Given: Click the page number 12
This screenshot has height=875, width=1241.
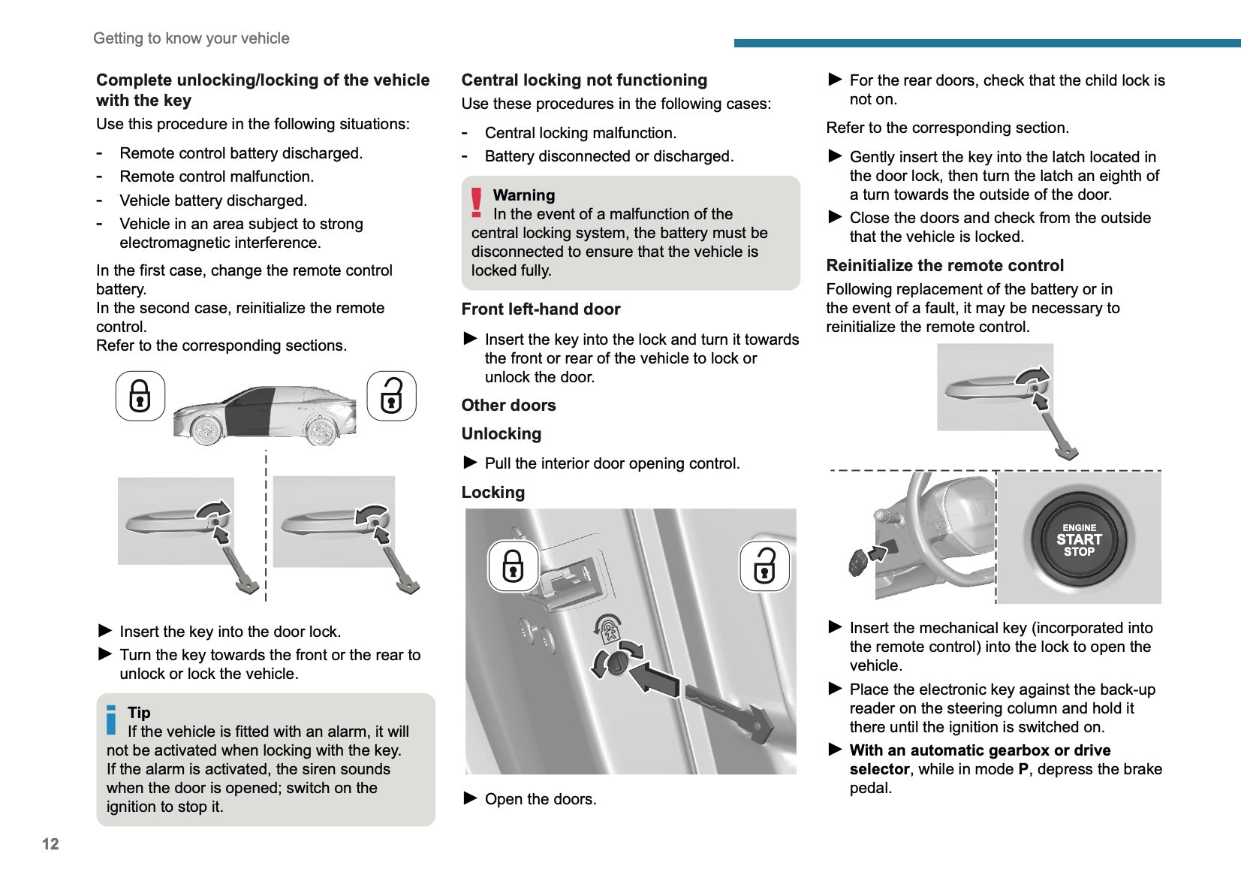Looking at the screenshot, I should (50, 843).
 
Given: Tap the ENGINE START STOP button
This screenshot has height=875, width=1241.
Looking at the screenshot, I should (1079, 539).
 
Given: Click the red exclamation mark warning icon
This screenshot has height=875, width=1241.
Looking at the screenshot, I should (476, 203).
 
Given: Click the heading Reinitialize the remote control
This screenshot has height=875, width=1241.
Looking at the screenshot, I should (944, 265).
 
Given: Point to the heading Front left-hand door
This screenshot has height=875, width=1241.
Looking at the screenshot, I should (541, 309).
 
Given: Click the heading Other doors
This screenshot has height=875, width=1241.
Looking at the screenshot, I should (508, 405).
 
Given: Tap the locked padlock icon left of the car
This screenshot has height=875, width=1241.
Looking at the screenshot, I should (140, 396).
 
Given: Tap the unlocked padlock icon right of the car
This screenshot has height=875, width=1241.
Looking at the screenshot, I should (391, 396).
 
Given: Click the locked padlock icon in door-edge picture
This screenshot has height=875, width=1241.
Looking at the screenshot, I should (513, 566).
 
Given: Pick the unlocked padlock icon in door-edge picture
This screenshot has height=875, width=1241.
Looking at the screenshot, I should (764, 566).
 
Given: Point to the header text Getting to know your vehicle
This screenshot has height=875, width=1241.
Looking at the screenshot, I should (191, 38).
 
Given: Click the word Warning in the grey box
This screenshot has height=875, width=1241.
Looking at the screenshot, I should (523, 195).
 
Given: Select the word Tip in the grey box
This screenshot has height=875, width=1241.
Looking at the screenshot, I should (139, 712).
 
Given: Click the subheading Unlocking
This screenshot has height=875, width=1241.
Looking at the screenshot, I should (501, 433).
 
